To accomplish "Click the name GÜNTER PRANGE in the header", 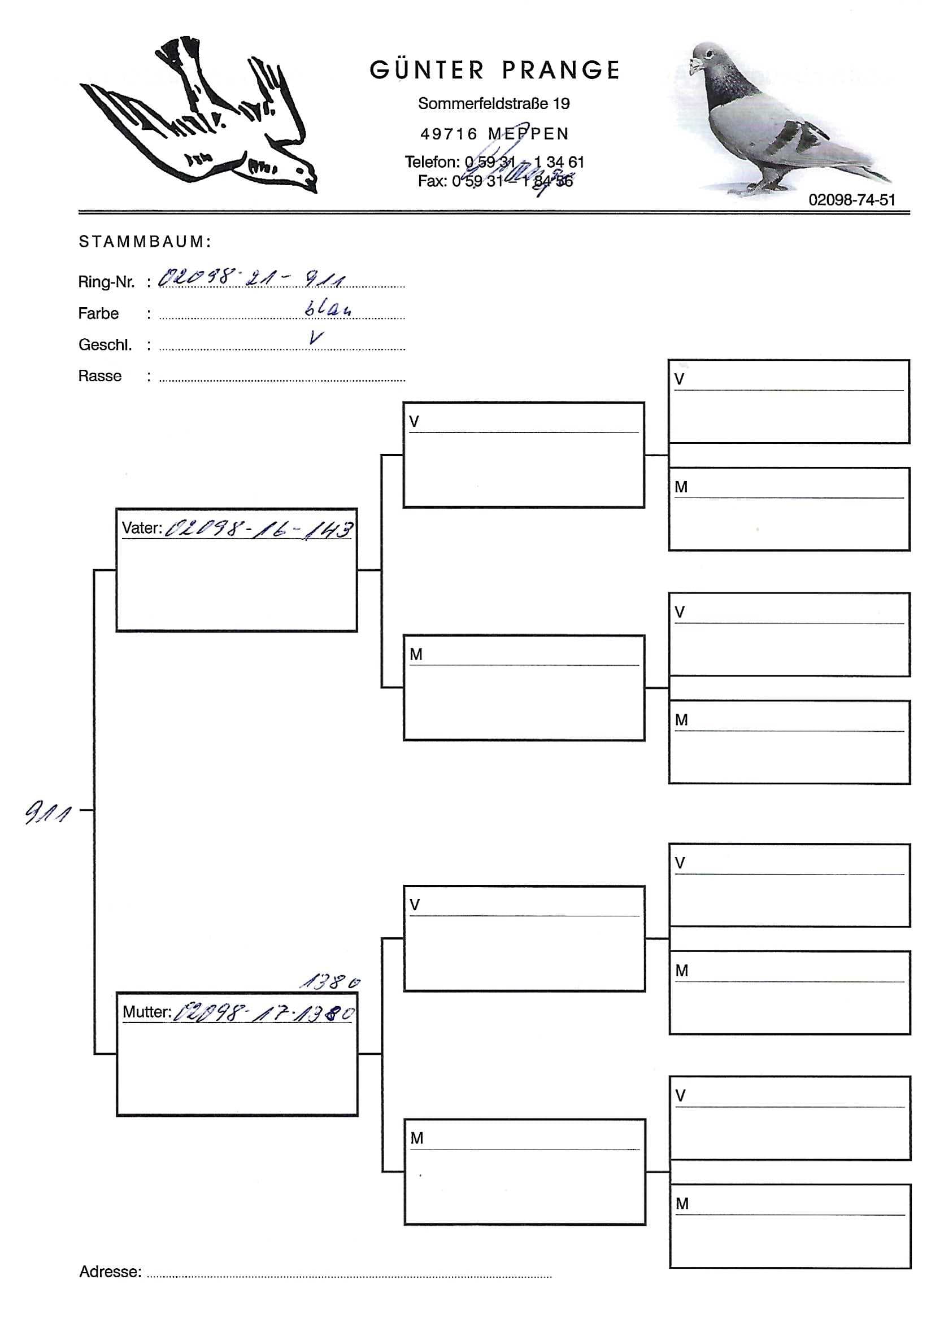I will point(494,70).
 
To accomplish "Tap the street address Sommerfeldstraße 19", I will point(494,103).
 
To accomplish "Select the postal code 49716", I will point(449,134).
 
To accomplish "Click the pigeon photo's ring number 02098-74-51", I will point(852,200).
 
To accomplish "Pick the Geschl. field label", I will point(105,344).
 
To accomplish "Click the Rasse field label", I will point(100,375).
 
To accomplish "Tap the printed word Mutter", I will point(146,1012).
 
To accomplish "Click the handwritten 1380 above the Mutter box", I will point(330,982).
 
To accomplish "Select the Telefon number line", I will point(494,162).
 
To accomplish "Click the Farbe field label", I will point(98,314).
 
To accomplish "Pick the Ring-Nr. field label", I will point(106,282).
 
